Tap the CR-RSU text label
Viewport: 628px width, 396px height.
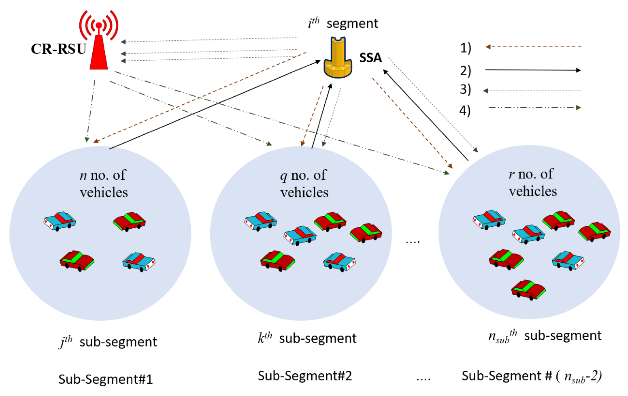click(x=58, y=49)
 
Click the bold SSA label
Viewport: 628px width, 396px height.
click(x=370, y=58)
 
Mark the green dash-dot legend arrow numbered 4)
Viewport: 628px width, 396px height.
click(x=535, y=108)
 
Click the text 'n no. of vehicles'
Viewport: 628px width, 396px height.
click(x=103, y=184)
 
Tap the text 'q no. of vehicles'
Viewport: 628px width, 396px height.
click(x=304, y=184)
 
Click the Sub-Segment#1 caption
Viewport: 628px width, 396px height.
click(x=105, y=379)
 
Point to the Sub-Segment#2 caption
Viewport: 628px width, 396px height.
click(x=305, y=376)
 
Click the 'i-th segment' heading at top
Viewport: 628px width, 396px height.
click(x=343, y=23)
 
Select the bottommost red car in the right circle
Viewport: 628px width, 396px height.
click(x=528, y=290)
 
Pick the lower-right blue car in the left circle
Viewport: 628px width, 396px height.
click(x=139, y=261)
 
